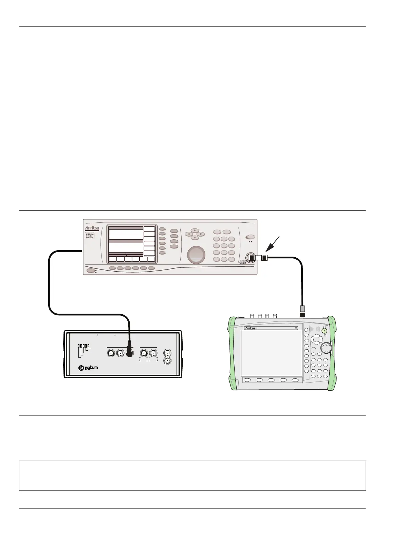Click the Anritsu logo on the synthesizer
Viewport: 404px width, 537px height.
pos(92,228)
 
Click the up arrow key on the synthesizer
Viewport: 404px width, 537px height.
pos(195,230)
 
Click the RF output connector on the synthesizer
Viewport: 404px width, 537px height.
pos(252,257)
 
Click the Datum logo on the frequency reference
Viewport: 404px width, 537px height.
pos(88,368)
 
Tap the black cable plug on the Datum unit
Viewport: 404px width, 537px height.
pos(129,353)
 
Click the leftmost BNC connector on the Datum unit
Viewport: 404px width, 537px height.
pos(111,353)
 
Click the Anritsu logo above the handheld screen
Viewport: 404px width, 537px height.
pos(250,329)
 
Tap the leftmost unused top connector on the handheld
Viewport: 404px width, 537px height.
pos(252,316)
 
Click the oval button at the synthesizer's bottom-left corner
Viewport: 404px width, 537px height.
pos(91,271)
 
